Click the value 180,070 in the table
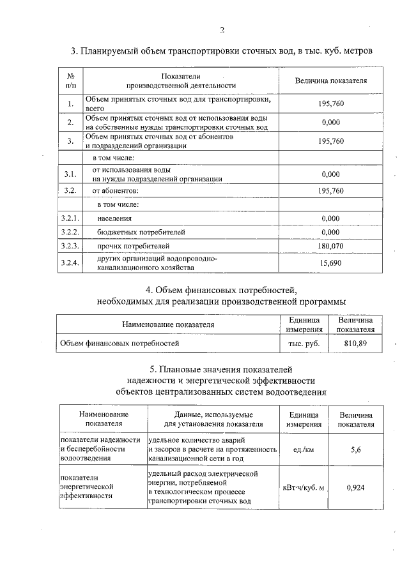(330, 245)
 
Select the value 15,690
(330, 263)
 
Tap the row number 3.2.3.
(69, 245)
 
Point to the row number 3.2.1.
(69, 218)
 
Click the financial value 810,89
(355, 343)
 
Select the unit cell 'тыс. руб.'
(304, 343)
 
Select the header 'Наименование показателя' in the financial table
(168, 324)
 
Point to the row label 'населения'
(114, 218)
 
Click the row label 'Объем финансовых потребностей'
(120, 343)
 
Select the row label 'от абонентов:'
(116, 190)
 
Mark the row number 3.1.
(70, 174)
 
